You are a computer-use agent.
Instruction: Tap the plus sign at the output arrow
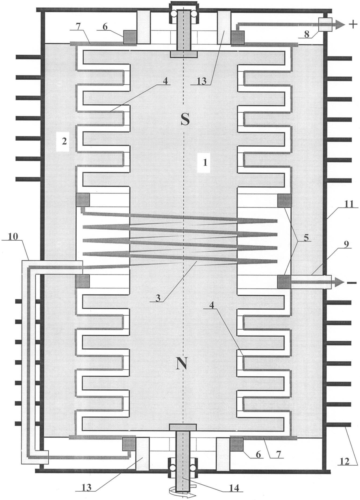(352, 25)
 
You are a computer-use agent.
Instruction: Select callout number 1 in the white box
(205, 162)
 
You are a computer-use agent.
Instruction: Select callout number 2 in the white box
(64, 141)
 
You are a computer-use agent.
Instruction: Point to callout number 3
(158, 298)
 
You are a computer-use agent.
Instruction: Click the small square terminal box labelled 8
(325, 24)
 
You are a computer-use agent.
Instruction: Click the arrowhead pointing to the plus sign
(340, 24)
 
